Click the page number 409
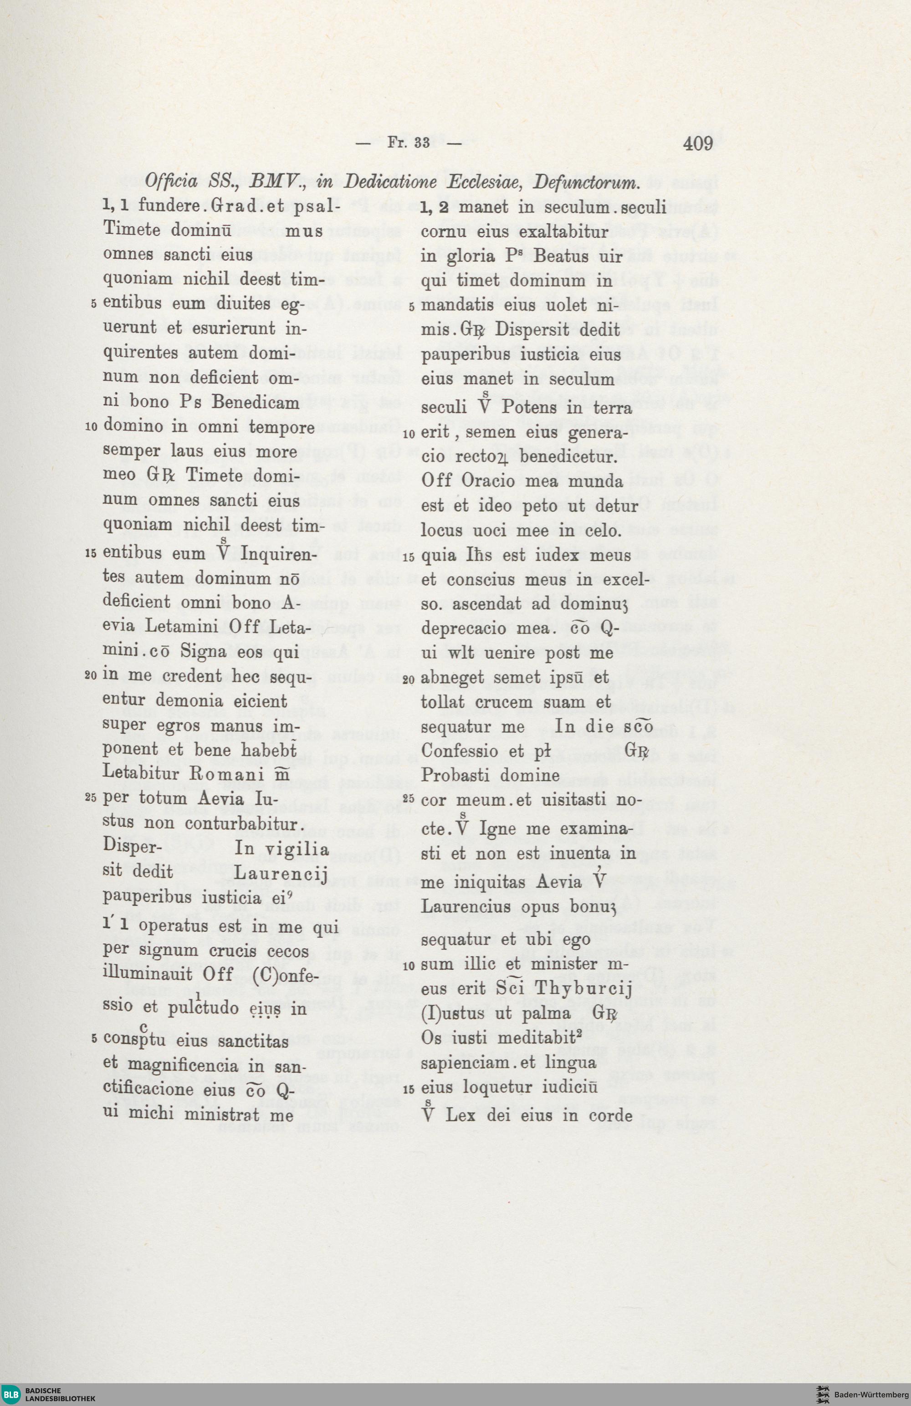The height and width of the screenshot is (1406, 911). [698, 143]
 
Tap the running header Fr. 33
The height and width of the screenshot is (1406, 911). [408, 143]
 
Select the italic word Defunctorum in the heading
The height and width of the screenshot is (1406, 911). [586, 182]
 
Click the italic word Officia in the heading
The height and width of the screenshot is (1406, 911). [171, 181]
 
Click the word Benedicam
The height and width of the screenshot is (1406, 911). [255, 402]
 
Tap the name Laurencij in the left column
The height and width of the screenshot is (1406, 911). [281, 872]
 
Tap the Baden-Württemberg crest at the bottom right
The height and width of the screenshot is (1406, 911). [823, 1395]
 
